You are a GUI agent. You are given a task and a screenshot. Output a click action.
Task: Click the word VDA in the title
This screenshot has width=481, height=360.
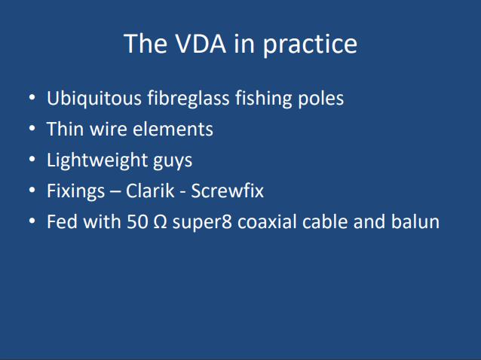point(201,44)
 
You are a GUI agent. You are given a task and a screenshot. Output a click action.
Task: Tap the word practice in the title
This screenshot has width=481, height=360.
point(310,46)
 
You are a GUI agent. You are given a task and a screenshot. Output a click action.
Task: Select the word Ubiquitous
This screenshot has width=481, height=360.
point(94,99)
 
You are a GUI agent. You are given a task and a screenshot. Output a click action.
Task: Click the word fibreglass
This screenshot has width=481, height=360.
point(188,99)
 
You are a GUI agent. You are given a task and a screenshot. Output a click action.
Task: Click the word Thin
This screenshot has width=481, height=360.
point(66,129)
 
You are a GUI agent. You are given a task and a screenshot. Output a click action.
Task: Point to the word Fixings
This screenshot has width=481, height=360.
point(76,191)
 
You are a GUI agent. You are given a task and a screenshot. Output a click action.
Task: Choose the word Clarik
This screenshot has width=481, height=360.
point(150,191)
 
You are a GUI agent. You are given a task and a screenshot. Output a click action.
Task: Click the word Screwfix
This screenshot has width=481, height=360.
point(228,191)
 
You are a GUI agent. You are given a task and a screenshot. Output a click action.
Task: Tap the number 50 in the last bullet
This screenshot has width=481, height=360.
point(136,222)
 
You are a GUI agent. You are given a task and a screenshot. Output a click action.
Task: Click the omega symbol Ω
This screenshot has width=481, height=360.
point(160,222)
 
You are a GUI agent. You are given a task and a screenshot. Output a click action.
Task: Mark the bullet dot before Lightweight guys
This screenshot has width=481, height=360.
point(32,160)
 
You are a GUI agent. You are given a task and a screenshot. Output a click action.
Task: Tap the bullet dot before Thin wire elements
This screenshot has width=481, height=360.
point(32,129)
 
